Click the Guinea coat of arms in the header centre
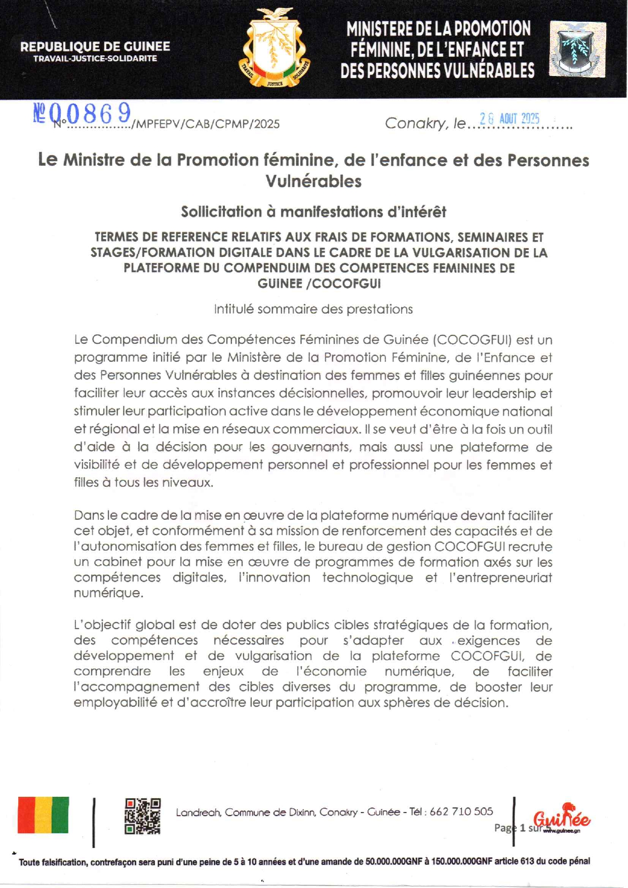(x=274, y=48)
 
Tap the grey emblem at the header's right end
(x=577, y=49)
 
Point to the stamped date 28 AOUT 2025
(x=509, y=119)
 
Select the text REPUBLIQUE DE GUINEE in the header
(x=95, y=47)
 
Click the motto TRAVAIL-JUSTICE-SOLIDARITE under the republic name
(x=95, y=59)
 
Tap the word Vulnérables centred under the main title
(x=313, y=181)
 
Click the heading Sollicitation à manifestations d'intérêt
(x=313, y=212)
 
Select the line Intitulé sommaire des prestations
(x=313, y=310)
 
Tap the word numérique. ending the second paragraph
(x=108, y=593)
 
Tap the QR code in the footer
(x=143, y=816)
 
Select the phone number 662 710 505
(x=461, y=812)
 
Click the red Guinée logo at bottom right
(x=562, y=819)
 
